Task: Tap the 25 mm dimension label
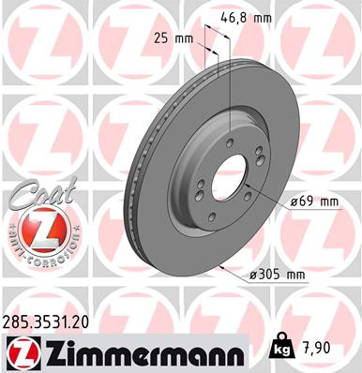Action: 170,38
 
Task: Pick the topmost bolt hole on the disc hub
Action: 229,141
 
